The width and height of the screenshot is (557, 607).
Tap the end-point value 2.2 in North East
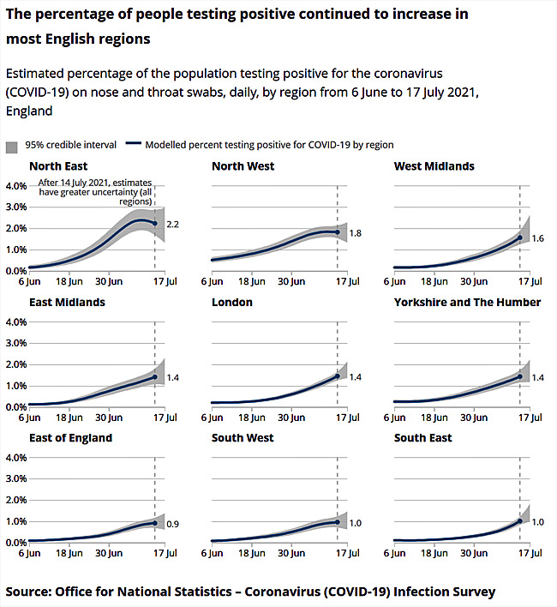coord(172,225)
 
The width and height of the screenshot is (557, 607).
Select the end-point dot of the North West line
coord(338,232)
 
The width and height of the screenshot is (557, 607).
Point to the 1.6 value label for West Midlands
coord(537,239)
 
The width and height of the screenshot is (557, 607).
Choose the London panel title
coord(233,303)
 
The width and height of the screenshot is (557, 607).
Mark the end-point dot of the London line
coord(338,376)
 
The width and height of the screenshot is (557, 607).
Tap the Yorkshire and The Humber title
coord(467,303)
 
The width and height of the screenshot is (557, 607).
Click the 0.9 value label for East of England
coord(172,524)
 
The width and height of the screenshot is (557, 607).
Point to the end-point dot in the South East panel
coord(519,521)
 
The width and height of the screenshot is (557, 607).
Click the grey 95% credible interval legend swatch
coord(12,146)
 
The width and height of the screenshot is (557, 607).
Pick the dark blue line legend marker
coord(133,146)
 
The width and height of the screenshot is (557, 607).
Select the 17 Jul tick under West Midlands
coord(531,280)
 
